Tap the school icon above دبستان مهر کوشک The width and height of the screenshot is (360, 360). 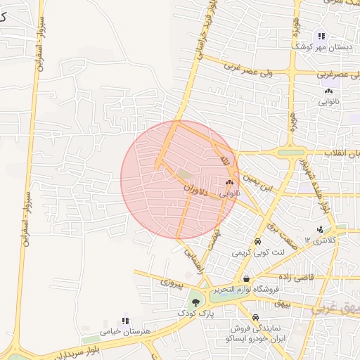click(321, 36)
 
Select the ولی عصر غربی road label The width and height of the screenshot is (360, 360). click(255, 69)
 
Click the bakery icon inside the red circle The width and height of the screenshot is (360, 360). click(229, 183)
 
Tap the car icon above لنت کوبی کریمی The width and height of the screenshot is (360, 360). click(258, 241)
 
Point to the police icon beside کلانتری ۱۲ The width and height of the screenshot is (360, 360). click(321, 229)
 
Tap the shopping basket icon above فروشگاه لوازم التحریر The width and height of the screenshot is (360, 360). click(246, 279)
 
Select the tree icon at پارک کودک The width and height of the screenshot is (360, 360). click(204, 302)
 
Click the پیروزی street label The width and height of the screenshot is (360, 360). click(172, 283)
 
